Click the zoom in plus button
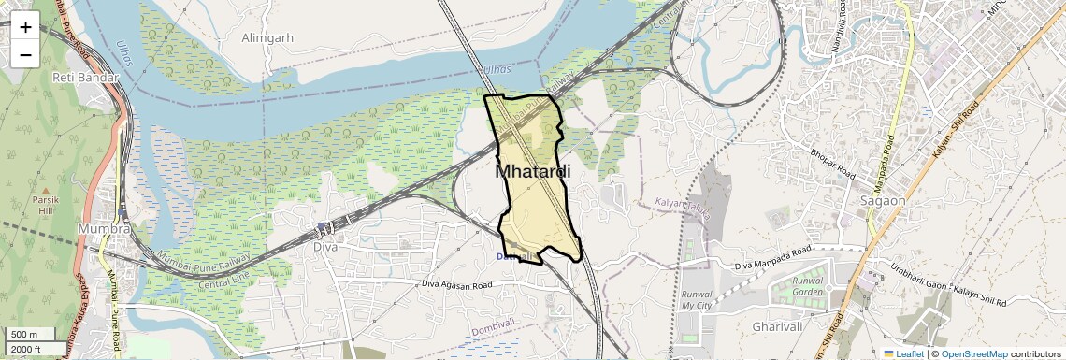tap(25, 27)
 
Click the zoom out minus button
tap(25, 55)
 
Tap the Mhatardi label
tap(532, 172)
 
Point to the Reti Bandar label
tap(81, 77)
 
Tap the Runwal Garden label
tap(807, 286)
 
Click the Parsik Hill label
tap(46, 205)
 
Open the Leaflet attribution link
tap(903, 353)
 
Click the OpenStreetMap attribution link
tap(973, 353)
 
